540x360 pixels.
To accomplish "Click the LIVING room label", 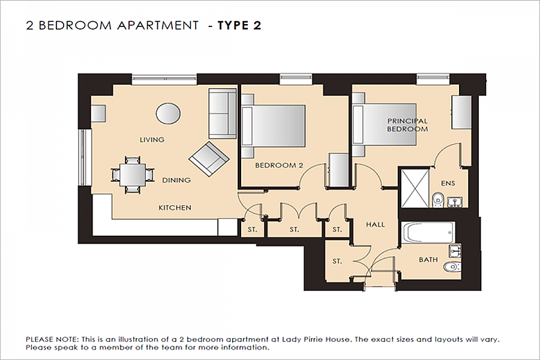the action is coord(152,140).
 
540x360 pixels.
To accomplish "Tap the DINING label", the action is coord(176,180).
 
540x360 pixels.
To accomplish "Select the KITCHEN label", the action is coord(175,208).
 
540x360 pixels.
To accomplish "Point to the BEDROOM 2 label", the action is coord(279,166).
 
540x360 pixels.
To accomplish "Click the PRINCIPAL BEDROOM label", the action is coord(407,125).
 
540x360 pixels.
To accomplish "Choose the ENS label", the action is coord(448,183).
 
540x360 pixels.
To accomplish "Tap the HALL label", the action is coord(376,224).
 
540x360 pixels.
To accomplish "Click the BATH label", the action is coord(428,259).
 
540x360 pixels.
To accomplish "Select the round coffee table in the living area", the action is coord(168,113).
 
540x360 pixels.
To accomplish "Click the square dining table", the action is coord(133,175).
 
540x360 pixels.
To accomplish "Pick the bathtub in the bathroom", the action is coord(428,233).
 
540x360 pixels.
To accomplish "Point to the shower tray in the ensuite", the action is coord(415,188).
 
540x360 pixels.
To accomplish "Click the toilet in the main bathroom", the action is coord(453,266).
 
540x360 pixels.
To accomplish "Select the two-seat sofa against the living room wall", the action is coord(223,113).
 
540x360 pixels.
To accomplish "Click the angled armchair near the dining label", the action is coord(209,159).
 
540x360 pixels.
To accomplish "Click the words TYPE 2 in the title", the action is coord(239,25).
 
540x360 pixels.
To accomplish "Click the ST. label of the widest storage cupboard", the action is coord(294,229).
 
